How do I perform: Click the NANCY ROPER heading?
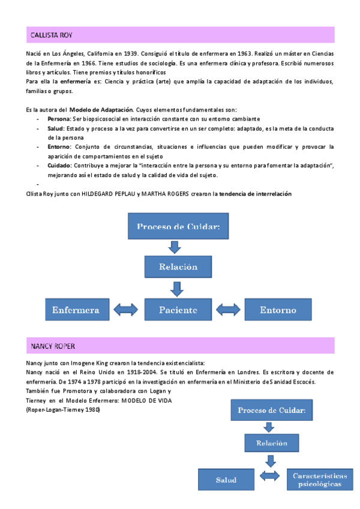[53, 346]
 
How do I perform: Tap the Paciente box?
[178, 310]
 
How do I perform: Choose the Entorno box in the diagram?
[278, 310]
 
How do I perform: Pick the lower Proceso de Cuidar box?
[272, 411]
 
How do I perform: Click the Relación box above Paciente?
[178, 266]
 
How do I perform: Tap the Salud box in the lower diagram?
[226, 480]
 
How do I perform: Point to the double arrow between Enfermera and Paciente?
[127, 310]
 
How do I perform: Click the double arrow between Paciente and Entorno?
[228, 310]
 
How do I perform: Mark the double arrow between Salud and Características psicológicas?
[270, 476]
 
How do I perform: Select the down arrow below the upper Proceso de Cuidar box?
[175, 247]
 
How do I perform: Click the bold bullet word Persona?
[59, 119]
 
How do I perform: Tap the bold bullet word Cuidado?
[59, 165]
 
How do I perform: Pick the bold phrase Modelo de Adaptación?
[97, 110]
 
